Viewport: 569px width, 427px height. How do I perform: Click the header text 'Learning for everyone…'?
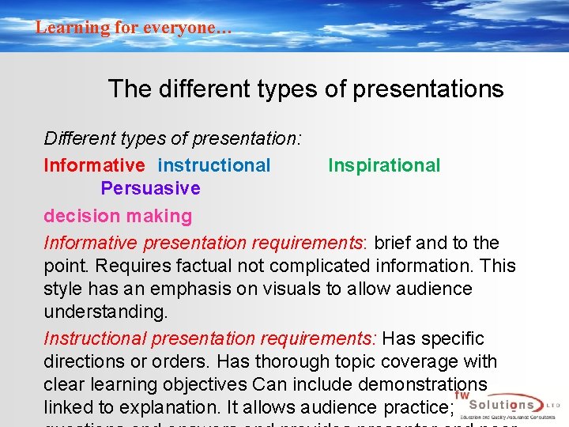point(134,27)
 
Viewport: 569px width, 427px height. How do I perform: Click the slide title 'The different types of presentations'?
point(305,89)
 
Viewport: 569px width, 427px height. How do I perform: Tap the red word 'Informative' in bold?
point(94,165)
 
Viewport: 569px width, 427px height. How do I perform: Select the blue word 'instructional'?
point(214,165)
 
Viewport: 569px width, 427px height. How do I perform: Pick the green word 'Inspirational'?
point(384,165)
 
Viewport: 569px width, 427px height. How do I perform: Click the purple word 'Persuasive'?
point(150,188)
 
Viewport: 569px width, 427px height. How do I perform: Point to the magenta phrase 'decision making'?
point(118,216)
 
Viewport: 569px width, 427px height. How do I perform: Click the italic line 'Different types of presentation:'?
point(172,138)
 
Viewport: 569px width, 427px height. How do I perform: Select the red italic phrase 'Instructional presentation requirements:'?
point(212,338)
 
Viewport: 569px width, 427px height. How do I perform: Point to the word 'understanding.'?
point(106,312)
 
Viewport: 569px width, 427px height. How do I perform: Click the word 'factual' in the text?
point(195,266)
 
